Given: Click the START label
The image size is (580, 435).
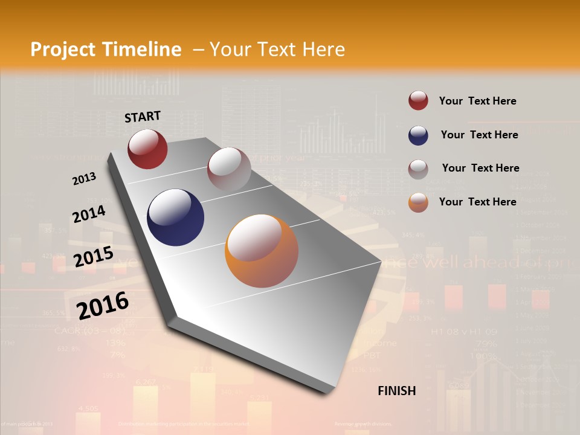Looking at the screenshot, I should coord(143,117).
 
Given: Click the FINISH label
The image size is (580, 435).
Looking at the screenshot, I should coord(397,391).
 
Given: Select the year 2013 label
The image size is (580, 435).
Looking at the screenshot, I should coord(85,178).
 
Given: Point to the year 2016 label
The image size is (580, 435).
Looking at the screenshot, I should coord(103,305).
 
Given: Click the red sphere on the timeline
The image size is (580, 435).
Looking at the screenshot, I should coord(147,149).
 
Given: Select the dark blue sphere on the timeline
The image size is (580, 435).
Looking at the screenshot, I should coord(175,217).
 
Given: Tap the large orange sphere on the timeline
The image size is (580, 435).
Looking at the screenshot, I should coord(262,251).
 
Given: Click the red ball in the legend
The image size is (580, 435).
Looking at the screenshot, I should coord(418,101).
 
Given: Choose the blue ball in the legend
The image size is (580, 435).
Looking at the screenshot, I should coord(418,135).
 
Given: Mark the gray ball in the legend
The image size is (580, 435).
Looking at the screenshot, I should coord(418,169).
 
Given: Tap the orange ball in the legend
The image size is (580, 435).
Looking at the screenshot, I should coord(418,203).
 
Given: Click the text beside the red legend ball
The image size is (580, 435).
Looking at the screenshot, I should coord(477,101).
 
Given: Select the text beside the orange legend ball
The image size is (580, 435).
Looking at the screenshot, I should coord(477,202).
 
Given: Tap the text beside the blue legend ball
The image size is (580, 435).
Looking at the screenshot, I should coord(479,135).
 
